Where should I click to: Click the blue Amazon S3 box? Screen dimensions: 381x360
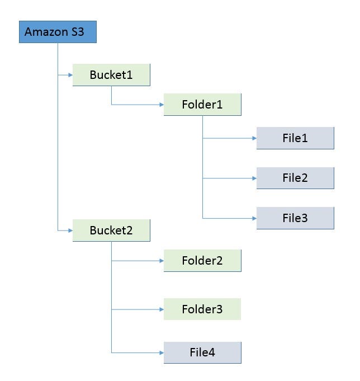[58, 32]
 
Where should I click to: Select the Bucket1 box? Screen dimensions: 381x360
[111, 75]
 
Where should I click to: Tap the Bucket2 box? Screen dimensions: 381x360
[111, 230]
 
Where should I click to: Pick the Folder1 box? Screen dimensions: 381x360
[202, 105]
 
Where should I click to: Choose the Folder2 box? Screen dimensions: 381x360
[202, 261]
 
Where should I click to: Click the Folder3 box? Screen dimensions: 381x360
[202, 309]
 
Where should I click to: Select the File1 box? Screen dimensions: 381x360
[295, 138]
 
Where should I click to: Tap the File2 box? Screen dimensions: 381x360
[295, 178]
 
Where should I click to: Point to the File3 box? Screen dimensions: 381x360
[295, 218]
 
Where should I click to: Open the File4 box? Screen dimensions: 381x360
[202, 352]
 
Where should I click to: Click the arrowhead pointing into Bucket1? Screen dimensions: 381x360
[70, 75]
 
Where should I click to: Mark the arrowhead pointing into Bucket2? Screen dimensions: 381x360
[70, 230]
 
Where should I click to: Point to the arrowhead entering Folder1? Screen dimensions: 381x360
[161, 105]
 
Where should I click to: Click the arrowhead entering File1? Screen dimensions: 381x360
[254, 138]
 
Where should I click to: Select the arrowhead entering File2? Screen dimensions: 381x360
[254, 178]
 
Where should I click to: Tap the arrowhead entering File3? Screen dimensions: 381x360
[254, 218]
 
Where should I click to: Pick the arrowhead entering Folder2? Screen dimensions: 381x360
[161, 261]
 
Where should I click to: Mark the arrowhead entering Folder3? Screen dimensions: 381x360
[161, 309]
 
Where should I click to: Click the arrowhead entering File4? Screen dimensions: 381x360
[161, 352]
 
